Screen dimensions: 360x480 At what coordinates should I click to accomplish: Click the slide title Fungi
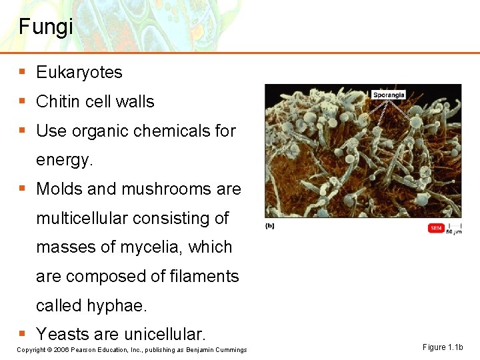coord(46,27)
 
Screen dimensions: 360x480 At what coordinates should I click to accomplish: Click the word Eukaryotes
coord(79,73)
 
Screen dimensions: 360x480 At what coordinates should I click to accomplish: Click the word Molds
coord(59,189)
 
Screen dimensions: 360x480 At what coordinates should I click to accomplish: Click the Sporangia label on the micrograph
coord(389,95)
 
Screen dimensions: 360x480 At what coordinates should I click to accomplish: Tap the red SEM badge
coord(436,228)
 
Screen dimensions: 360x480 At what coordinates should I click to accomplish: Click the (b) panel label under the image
coord(269,225)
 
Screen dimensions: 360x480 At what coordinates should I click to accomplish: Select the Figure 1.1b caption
coord(443,347)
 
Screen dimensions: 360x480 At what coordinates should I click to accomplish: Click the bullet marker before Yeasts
coord(23,333)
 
